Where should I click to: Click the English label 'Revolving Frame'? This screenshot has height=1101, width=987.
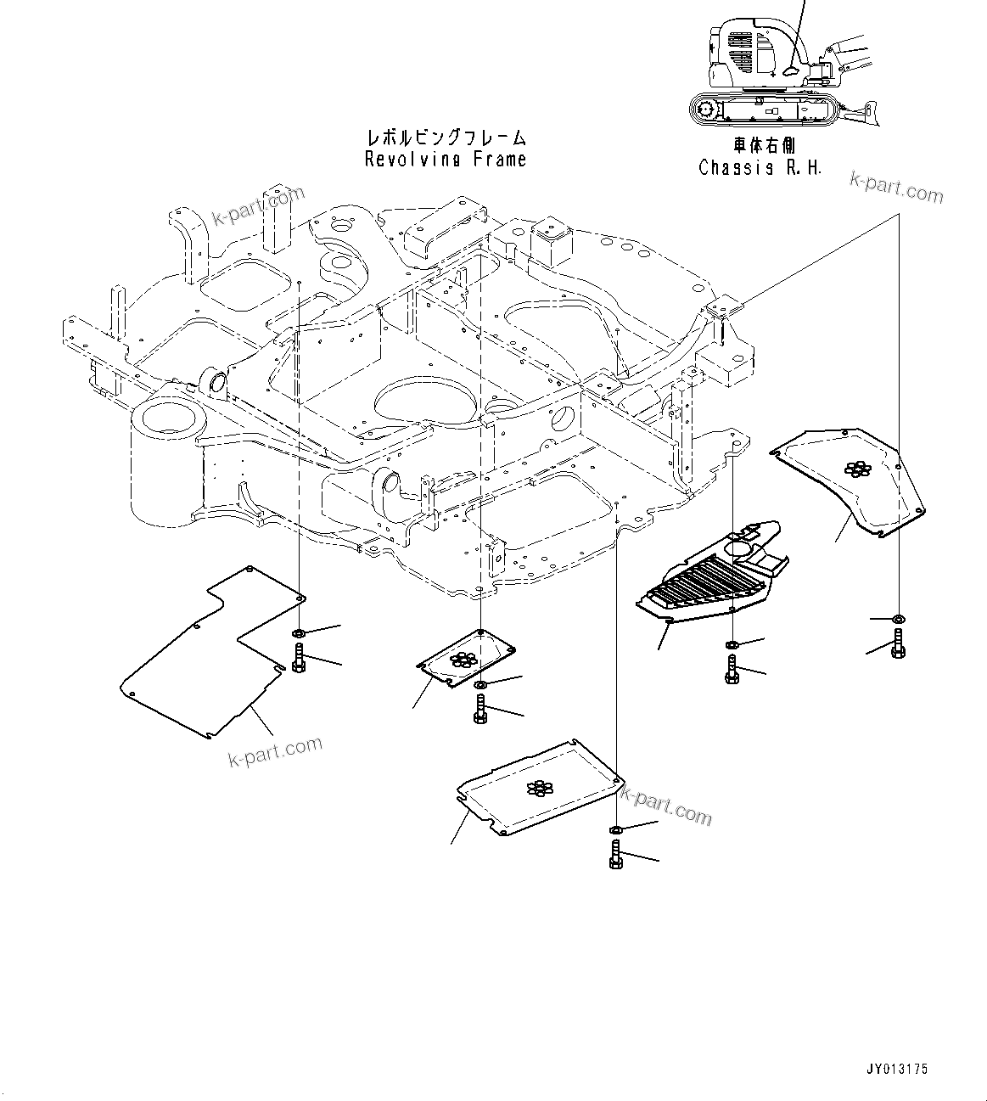coord(445,160)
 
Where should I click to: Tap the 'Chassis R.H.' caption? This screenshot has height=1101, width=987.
coord(760,167)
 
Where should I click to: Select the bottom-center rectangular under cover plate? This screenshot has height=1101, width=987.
coord(539,789)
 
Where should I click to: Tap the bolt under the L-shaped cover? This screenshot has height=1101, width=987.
coord(299,658)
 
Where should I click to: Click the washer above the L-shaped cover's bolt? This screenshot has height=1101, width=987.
coord(299,633)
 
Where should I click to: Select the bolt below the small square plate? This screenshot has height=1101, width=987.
coord(480,709)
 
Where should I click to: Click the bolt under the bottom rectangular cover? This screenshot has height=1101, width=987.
coord(616,854)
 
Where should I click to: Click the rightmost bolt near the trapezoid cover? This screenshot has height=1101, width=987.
coord(899,642)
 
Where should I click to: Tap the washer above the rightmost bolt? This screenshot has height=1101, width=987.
coord(899,618)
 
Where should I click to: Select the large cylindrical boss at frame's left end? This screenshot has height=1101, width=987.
coord(165,458)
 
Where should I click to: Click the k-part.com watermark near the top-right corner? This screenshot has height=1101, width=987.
coord(896,188)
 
